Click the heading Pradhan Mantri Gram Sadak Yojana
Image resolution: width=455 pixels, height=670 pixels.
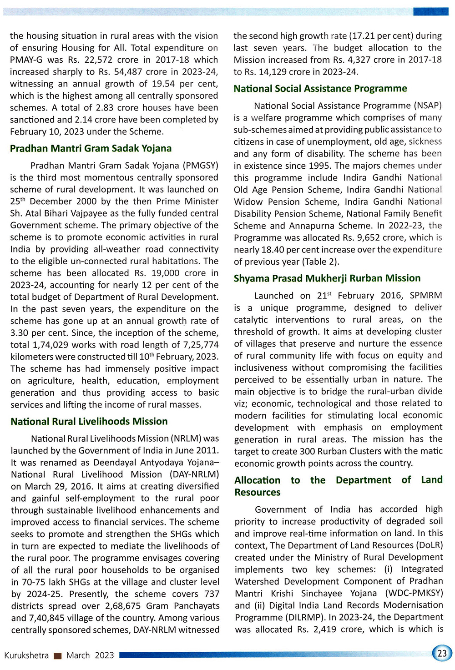tap(91, 148)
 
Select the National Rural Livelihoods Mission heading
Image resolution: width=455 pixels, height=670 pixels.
tap(89, 421)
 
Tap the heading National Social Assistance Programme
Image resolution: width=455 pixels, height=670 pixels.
tap(320, 88)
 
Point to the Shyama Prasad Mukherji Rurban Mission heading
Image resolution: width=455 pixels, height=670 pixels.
tap(327, 278)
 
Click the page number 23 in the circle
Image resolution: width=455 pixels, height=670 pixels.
tap(442, 654)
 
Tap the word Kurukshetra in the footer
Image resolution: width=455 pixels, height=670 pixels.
tap(26, 655)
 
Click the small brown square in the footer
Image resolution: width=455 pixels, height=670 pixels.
tap(57, 655)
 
